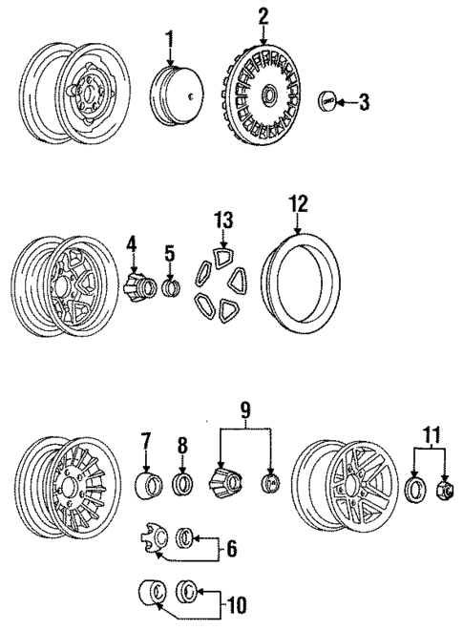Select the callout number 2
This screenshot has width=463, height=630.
click(x=263, y=13)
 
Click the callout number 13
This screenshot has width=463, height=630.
click(x=222, y=220)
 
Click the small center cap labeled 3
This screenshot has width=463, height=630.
click(x=327, y=100)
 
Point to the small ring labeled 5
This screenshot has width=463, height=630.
click(x=171, y=287)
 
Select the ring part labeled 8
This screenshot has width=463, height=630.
click(x=181, y=483)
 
